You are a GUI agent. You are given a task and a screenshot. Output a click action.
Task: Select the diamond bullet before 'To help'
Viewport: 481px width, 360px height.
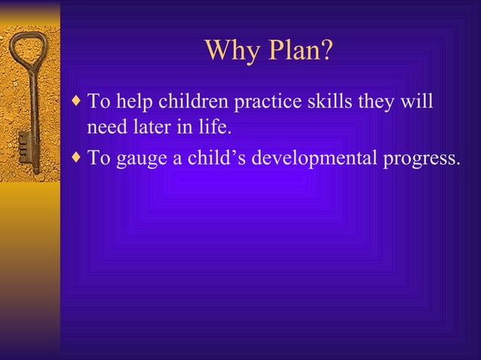79,100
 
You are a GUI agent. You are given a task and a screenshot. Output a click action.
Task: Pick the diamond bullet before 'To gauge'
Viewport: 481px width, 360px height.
79,158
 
